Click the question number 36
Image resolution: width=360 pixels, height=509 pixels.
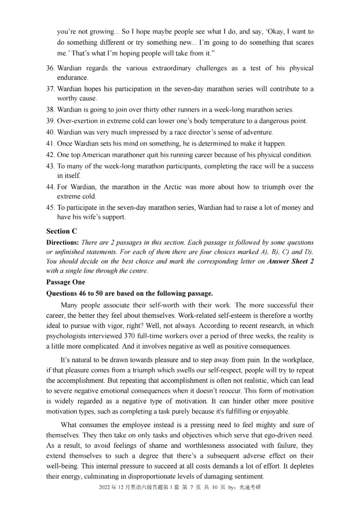[x=50, y=68]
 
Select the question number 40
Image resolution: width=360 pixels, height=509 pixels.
[x=50, y=132]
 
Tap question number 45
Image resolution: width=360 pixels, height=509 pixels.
[x=50, y=208]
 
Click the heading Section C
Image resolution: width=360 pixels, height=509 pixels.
[x=62, y=231]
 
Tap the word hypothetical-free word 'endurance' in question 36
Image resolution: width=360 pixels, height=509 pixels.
[x=72, y=78]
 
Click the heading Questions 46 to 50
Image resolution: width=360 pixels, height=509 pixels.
[x=81, y=294]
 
